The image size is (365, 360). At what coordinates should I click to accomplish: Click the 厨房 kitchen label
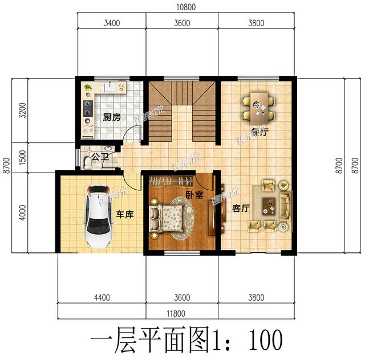111,118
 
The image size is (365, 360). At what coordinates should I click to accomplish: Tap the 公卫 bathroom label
100,156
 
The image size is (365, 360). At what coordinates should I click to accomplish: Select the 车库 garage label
125,214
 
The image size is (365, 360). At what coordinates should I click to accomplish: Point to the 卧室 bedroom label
194,195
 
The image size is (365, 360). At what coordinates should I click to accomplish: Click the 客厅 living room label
241,208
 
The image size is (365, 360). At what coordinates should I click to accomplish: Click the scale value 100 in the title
266,340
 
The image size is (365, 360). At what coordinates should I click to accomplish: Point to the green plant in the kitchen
88,88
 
